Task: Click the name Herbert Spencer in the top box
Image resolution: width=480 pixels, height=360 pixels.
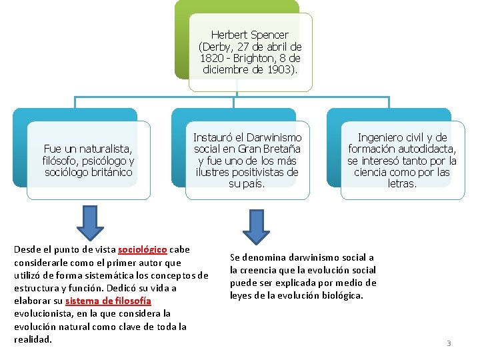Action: click(x=249, y=35)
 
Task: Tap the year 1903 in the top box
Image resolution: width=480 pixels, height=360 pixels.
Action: click(x=281, y=70)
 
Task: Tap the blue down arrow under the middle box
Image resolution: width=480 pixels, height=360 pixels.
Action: click(x=255, y=227)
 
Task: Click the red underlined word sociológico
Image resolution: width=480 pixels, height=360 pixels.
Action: click(x=142, y=250)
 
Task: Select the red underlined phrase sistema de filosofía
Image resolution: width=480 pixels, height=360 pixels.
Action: click(x=108, y=301)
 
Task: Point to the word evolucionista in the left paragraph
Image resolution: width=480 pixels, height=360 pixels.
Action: click(x=42, y=314)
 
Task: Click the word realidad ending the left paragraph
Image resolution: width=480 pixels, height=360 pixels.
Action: click(x=32, y=339)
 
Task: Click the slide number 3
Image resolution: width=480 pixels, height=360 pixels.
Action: click(x=449, y=343)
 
